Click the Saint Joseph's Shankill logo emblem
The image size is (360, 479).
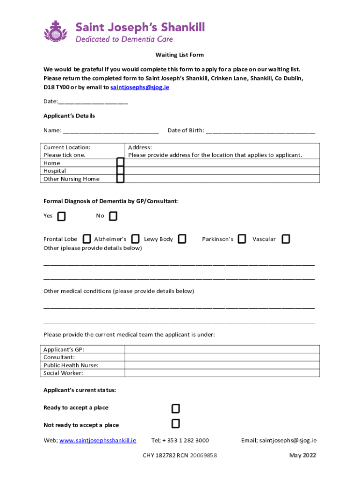click(56, 31)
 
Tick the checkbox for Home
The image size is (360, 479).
click(121, 162)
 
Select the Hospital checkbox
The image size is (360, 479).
click(121, 171)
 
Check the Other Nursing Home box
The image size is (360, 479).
click(121, 178)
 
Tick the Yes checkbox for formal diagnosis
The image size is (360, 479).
click(61, 216)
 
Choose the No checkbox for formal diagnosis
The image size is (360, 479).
click(113, 216)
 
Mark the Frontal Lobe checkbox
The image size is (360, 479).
click(87, 239)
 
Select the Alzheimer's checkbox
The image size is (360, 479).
click(136, 239)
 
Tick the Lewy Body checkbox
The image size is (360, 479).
click(182, 239)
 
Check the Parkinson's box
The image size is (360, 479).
click(242, 239)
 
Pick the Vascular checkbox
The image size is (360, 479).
click(286, 239)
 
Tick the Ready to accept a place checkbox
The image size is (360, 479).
click(175, 409)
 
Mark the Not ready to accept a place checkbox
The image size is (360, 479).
click(175, 424)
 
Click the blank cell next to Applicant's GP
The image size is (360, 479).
click(222, 349)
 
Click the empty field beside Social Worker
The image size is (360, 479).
click(222, 373)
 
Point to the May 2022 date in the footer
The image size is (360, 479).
click(302, 456)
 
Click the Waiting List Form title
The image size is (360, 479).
click(180, 55)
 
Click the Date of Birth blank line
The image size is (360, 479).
click(260, 131)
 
